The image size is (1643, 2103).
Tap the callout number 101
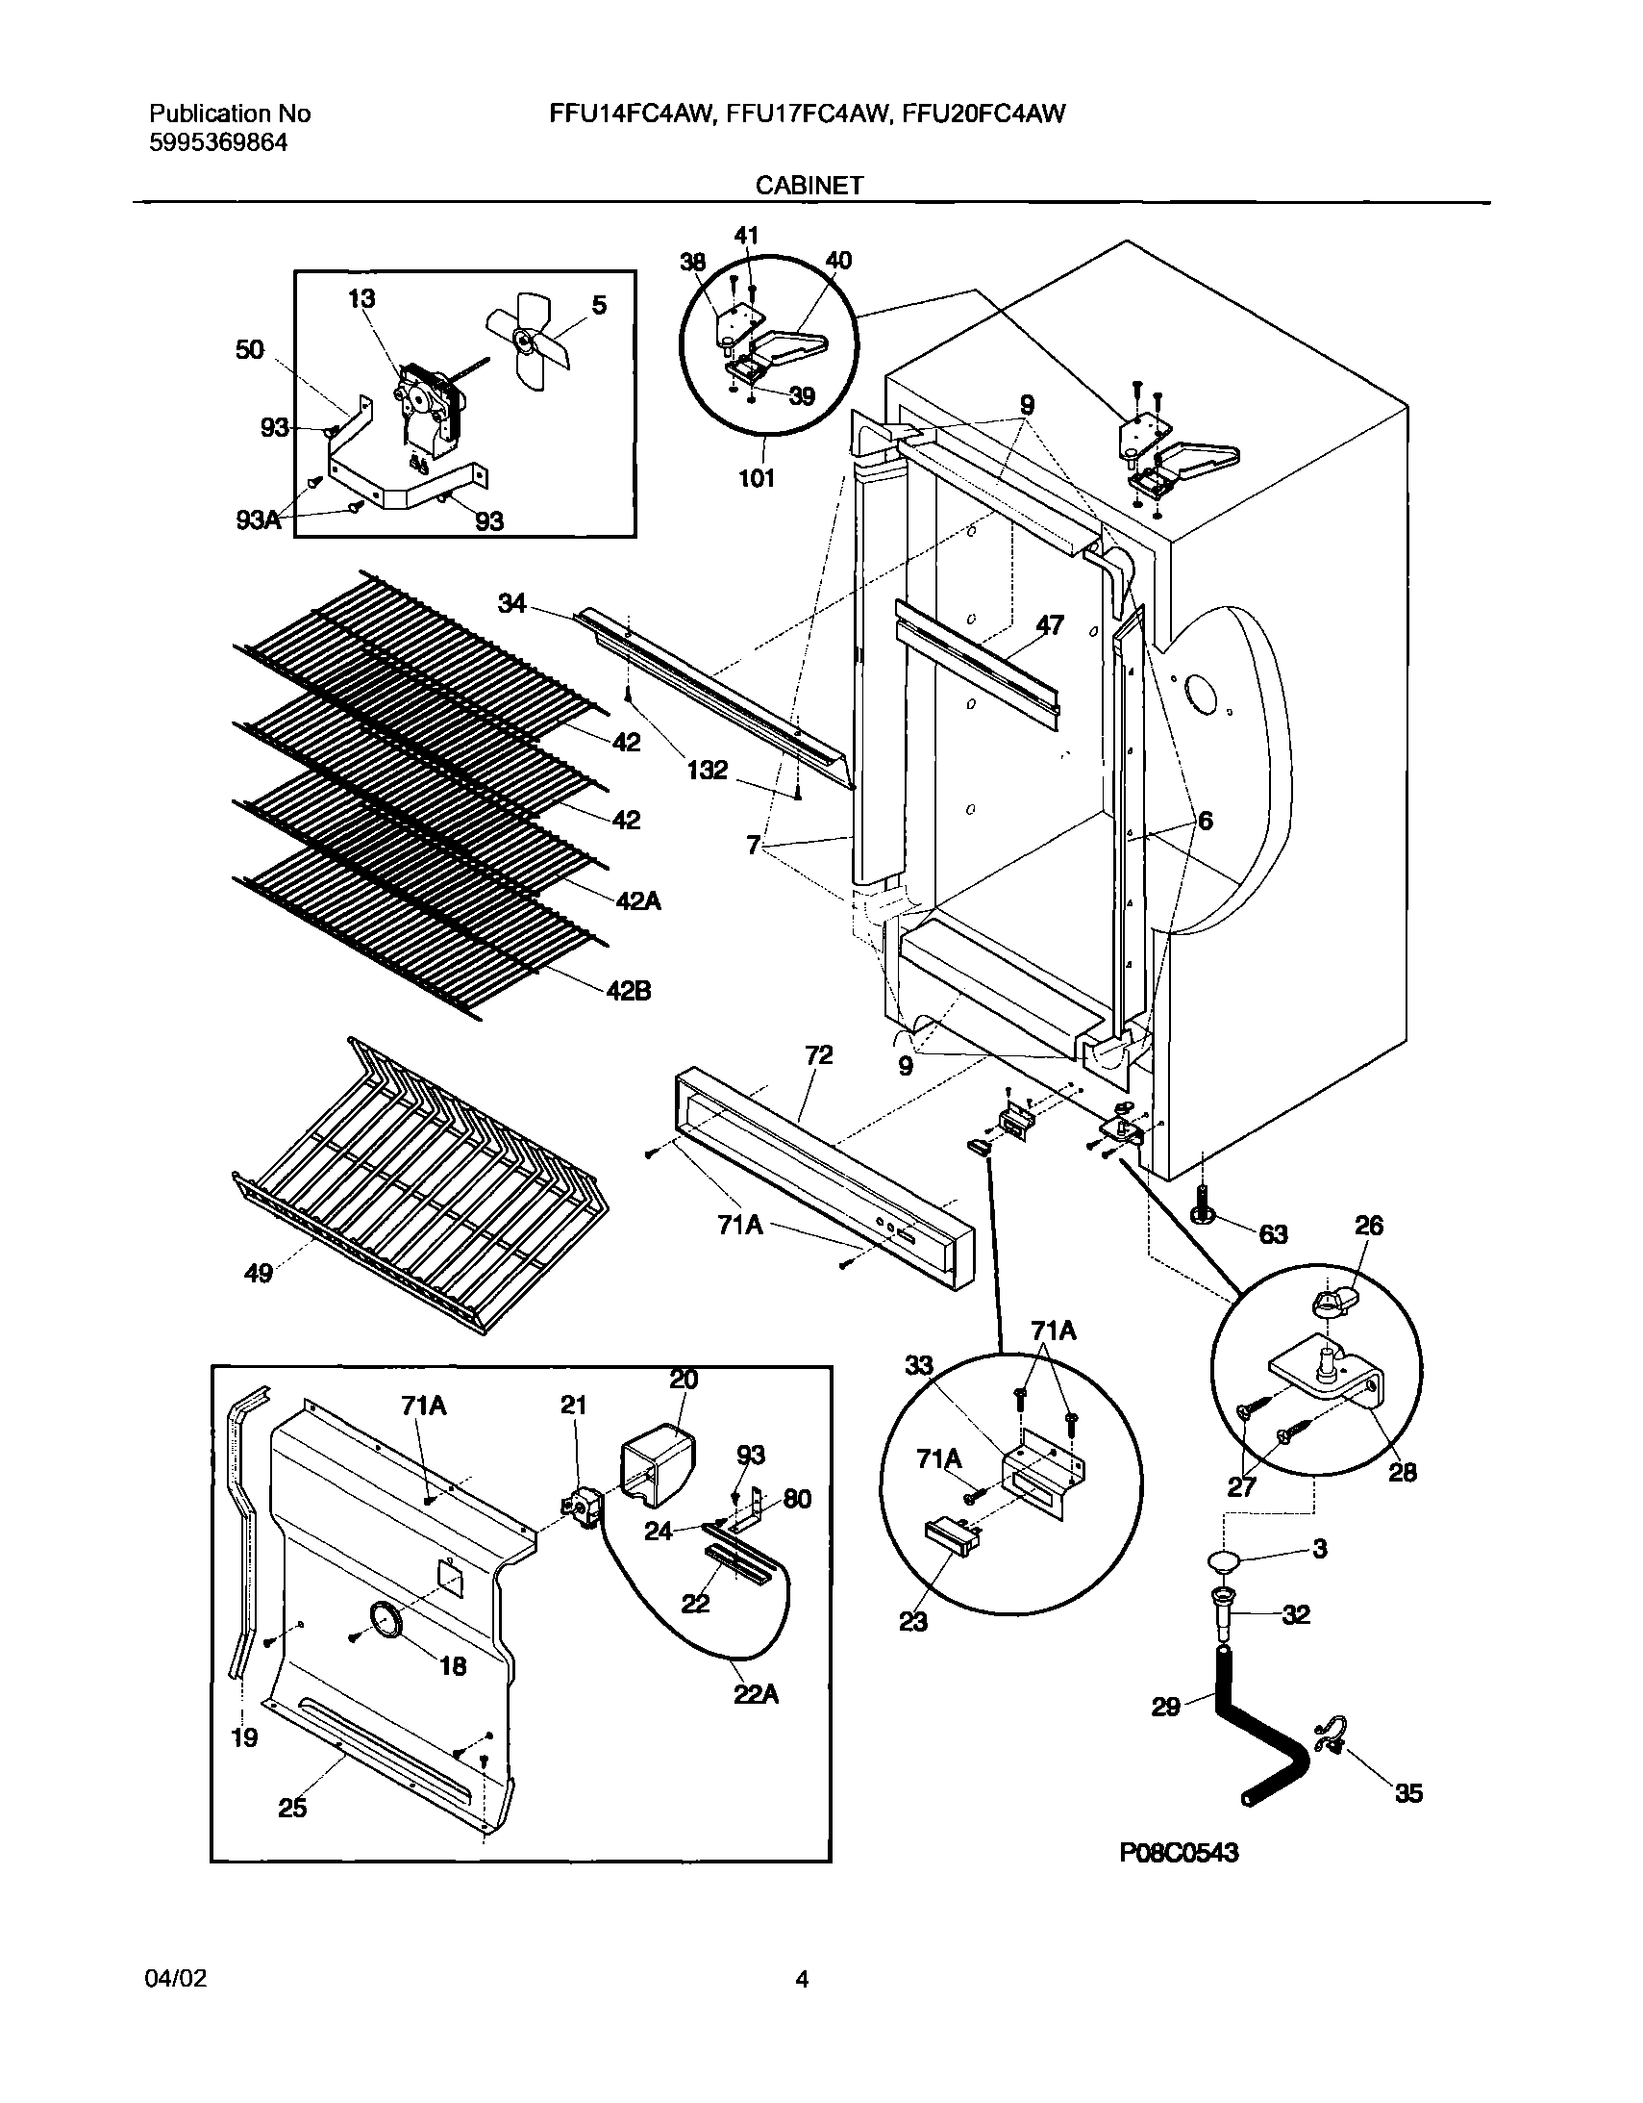click(756, 477)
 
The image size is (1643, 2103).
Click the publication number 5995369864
click(218, 143)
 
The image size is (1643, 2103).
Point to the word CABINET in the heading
click(809, 186)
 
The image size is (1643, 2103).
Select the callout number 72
click(818, 1055)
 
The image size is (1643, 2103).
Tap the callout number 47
click(1049, 625)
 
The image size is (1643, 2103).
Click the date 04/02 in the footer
click(175, 1979)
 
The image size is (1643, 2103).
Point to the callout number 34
click(512, 604)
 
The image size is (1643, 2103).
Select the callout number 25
click(292, 1808)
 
